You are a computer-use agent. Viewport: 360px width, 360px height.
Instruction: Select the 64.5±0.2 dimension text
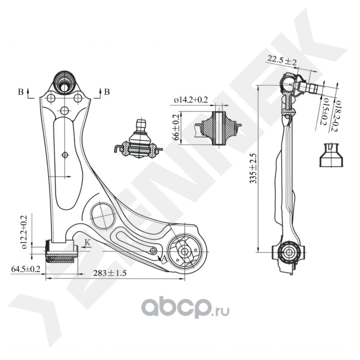point(26,269)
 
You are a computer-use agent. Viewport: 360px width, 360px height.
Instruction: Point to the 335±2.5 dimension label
point(254,168)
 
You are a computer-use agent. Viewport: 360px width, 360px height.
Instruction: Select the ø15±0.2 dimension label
point(324,112)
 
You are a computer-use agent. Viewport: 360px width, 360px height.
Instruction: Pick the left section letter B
point(21,92)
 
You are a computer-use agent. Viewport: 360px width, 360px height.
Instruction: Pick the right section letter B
point(107,92)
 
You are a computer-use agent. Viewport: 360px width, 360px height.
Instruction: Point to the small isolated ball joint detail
point(139,142)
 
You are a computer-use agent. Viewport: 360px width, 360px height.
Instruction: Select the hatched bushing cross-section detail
point(219,127)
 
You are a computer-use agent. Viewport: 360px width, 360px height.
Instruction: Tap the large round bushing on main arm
point(184,252)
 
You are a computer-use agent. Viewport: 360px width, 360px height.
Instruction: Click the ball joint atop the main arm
point(64,81)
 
